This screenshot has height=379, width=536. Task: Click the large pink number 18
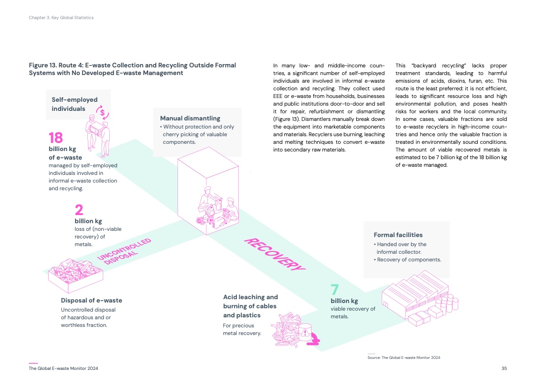coord(56,138)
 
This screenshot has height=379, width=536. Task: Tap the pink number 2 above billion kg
coord(79,210)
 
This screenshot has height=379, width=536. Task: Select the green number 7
coord(335,290)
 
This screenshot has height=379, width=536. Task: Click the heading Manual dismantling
coord(190,118)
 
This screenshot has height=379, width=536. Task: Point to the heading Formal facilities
coord(398,235)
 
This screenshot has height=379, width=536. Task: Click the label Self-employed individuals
coord(75,104)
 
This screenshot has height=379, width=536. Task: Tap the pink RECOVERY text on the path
coord(274,254)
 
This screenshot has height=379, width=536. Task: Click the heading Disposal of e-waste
coord(91,301)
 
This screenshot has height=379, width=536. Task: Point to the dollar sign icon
coord(102,113)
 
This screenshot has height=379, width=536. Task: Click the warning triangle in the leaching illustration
coord(304,333)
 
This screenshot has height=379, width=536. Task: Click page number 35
coord(504,368)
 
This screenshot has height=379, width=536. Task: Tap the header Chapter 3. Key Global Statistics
coord(60,18)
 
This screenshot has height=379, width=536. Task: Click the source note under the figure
coord(403,357)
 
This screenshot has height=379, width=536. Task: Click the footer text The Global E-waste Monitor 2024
coord(64,368)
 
